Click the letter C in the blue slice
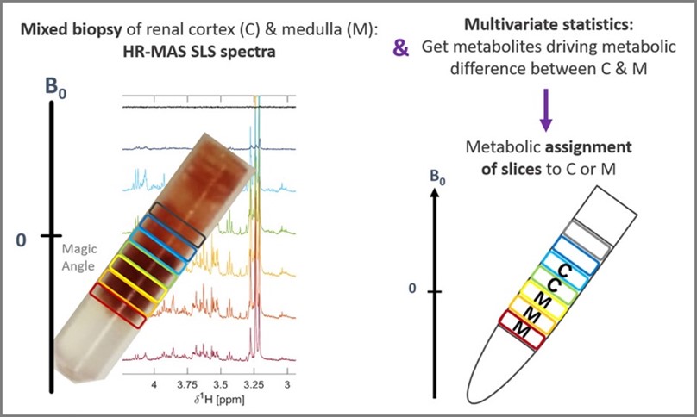tap(562, 271)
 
